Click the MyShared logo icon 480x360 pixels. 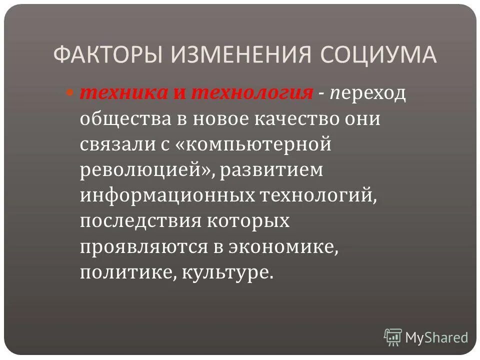click(393, 337)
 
